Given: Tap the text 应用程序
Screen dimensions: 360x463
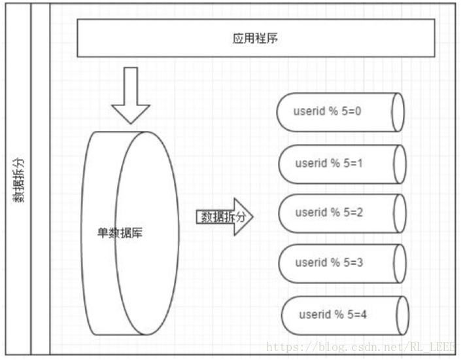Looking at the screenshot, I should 255,39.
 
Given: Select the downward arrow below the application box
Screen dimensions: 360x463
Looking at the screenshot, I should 131,96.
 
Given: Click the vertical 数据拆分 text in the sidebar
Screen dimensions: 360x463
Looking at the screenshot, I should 20,181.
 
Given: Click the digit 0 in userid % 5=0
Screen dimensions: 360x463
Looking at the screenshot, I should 358,111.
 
